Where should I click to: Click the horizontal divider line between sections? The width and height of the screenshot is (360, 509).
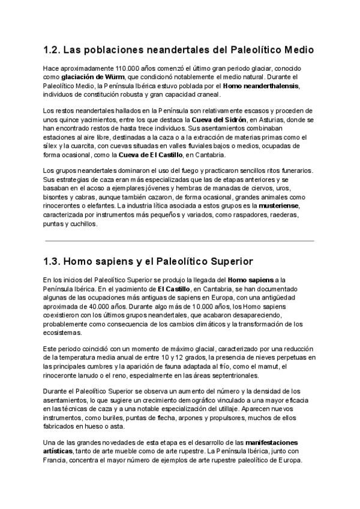(179, 241)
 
